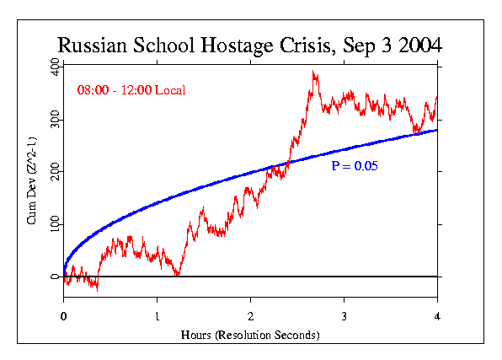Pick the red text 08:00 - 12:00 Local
(x=131, y=89)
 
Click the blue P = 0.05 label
(x=355, y=166)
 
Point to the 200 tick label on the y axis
(x=54, y=172)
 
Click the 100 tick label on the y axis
(x=54, y=224)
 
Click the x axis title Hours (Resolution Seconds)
(x=250, y=335)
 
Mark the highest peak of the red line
(x=313, y=72)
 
